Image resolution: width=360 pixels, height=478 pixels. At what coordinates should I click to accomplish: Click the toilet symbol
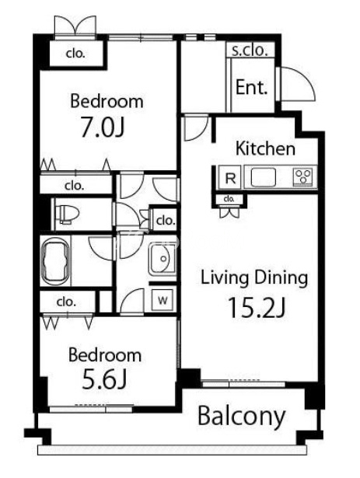point(67,214)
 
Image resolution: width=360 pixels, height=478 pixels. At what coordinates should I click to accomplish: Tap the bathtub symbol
point(55,261)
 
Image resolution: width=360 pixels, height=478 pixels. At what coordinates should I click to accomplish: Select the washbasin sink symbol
point(162,258)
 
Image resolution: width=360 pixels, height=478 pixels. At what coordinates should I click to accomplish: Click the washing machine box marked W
point(163,300)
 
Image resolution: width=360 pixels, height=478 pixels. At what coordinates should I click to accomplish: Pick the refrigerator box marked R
point(230,178)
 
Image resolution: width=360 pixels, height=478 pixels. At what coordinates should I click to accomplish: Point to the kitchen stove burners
point(303,176)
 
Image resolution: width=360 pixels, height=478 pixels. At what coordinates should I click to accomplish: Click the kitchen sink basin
point(264,177)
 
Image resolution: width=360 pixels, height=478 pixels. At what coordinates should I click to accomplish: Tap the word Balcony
point(242,417)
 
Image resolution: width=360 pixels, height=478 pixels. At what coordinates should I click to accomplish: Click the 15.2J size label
point(257,308)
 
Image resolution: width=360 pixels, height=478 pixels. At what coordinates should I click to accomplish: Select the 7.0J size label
point(102,127)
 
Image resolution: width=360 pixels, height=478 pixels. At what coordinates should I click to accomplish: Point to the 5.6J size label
point(104,379)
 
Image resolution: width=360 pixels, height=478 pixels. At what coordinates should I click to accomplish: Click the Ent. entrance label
point(251,88)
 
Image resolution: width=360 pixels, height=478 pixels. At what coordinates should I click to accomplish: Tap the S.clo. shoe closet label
point(250,51)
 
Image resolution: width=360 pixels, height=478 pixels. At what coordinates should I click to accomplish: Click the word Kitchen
point(265,148)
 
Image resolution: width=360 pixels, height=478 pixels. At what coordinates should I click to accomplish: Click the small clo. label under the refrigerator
point(229,199)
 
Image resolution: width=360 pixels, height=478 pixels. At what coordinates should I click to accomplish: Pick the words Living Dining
point(254,278)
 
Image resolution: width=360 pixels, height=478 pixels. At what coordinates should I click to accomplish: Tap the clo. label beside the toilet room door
point(166,220)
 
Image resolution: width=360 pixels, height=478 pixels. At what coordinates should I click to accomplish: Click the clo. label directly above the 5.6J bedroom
point(66,302)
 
